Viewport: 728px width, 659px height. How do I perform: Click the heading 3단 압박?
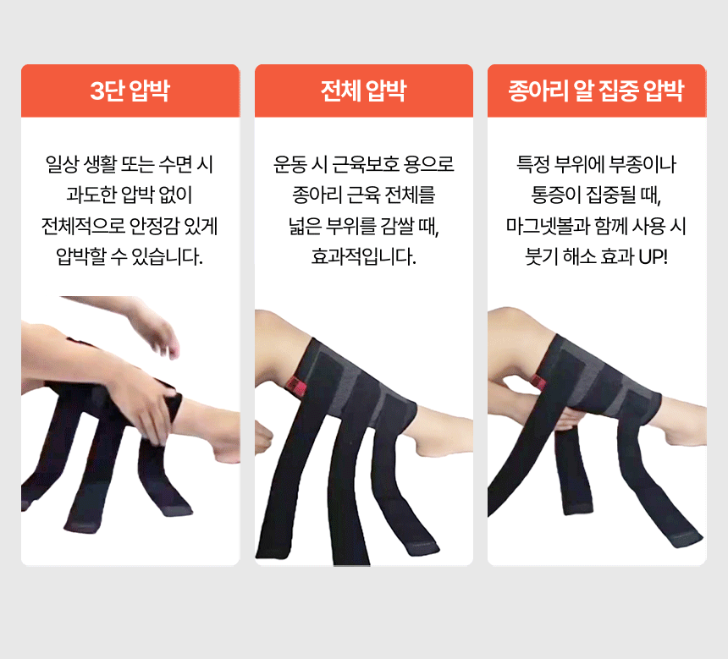(130, 90)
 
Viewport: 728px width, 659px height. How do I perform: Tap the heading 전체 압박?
(363, 90)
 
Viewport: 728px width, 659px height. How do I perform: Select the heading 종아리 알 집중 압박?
(596, 90)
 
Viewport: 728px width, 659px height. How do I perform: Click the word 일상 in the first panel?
(62, 164)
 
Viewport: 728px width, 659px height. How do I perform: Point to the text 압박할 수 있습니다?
(130, 256)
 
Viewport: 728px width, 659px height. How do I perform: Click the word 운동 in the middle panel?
(290, 164)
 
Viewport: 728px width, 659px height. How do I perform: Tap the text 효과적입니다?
(363, 256)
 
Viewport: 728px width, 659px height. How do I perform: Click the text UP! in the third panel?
(654, 256)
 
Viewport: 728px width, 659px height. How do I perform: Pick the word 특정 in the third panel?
(533, 164)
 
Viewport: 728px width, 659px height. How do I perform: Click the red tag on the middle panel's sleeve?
(295, 387)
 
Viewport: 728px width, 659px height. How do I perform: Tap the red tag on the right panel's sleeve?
(538, 382)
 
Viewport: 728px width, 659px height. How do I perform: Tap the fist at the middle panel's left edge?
(262, 438)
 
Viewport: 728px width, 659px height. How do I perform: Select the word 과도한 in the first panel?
(91, 195)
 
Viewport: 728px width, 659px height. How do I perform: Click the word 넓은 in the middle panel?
(305, 226)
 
